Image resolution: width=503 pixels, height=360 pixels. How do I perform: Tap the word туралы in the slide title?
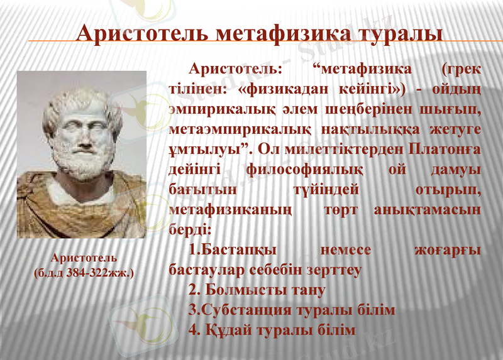[391, 33]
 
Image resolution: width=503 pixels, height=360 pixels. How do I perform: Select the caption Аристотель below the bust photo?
[84, 258]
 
